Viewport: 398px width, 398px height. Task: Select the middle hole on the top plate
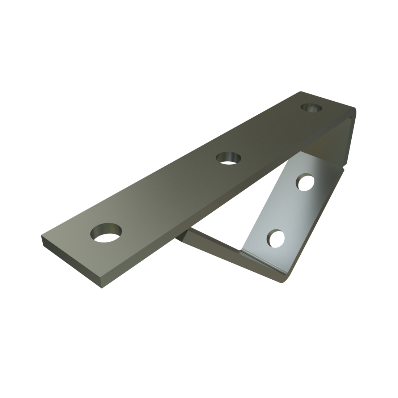click(229, 158)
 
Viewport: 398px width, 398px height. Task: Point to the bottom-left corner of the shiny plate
click(242, 250)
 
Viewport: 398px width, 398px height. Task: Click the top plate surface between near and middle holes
click(166, 195)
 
